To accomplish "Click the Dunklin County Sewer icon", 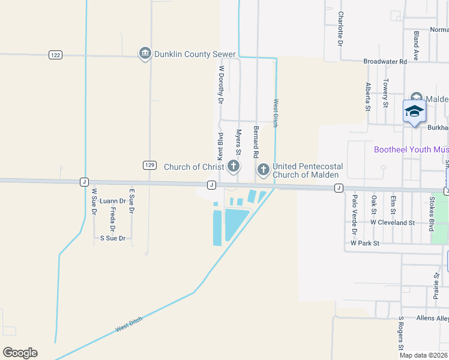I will tap(145, 54).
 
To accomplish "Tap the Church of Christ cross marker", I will tap(234, 166).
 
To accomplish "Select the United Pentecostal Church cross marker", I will tap(263, 170).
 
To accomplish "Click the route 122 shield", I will tap(56, 55).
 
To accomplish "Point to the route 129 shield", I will tap(150, 164).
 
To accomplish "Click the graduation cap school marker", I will tap(414, 112).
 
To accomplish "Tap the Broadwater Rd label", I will tap(385, 61).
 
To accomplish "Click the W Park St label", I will tap(365, 243).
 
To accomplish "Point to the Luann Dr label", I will tap(113, 200).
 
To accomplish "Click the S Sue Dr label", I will tap(113, 238).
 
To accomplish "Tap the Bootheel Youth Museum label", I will tap(411, 149).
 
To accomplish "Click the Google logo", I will tap(20, 353).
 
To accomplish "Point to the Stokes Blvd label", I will tap(431, 212).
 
